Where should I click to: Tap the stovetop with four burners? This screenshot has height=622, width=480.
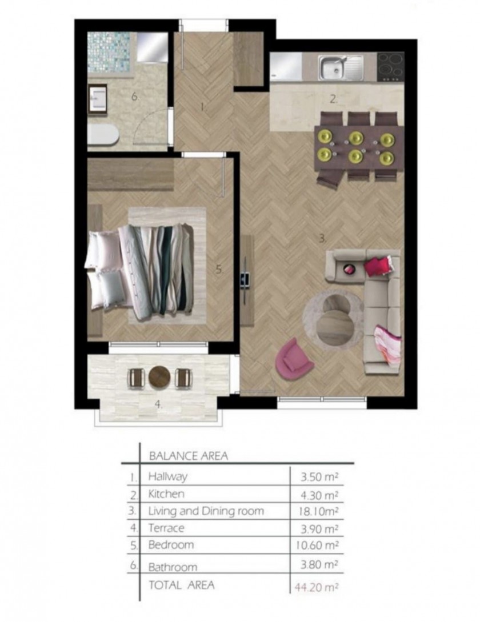click(x=390, y=67)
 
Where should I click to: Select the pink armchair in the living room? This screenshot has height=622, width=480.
click(x=294, y=359)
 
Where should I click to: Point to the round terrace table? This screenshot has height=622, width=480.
click(x=159, y=377)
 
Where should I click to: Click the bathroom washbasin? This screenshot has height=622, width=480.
click(x=97, y=99)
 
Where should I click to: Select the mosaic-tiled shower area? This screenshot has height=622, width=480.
click(x=109, y=52)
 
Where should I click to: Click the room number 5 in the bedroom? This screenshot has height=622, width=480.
click(x=219, y=270)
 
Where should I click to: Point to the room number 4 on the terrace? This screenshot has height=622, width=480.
click(x=158, y=404)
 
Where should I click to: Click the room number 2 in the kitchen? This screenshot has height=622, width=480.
click(x=334, y=99)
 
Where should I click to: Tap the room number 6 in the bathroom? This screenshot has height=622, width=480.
click(x=135, y=97)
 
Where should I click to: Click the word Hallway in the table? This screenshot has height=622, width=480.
click(x=167, y=476)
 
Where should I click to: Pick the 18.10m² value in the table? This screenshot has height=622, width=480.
click(x=318, y=512)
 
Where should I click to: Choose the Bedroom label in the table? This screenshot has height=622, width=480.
click(x=171, y=545)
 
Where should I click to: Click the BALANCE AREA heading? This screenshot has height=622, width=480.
click(x=189, y=456)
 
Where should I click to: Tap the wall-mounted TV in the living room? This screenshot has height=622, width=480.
click(x=245, y=279)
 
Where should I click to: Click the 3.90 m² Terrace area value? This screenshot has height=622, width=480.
click(x=319, y=529)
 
